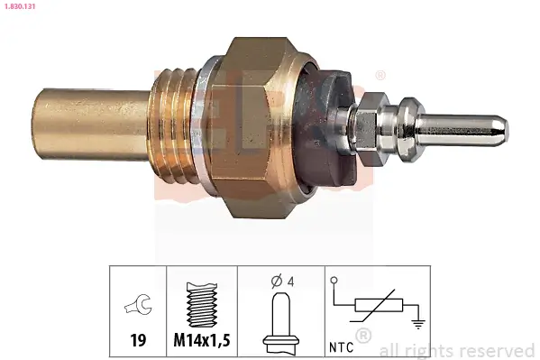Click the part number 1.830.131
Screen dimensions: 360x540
(x=20, y=5)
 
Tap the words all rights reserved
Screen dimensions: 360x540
(x=456, y=350)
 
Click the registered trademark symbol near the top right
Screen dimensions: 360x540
(x=380, y=74)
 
